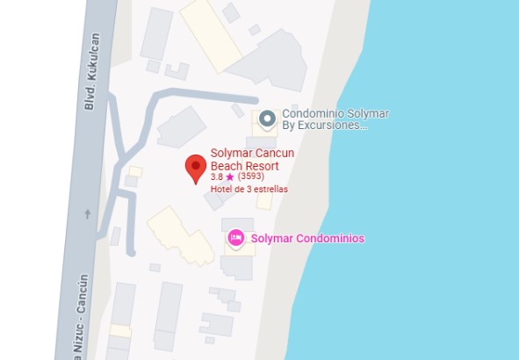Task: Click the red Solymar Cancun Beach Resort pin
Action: point(195,168)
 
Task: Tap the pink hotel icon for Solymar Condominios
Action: point(236,238)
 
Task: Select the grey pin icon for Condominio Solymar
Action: point(268,119)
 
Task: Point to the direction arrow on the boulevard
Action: point(86,213)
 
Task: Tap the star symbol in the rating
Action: point(230,176)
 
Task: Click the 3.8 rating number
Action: point(217,176)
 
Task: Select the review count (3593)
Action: point(250,176)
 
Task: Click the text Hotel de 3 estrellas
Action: point(249,189)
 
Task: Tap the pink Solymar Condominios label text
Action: point(307,239)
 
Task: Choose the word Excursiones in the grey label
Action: point(333,126)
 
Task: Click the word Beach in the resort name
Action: point(227,165)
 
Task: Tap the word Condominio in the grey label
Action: point(313,114)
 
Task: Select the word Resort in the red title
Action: point(263,165)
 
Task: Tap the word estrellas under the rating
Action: point(269,189)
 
